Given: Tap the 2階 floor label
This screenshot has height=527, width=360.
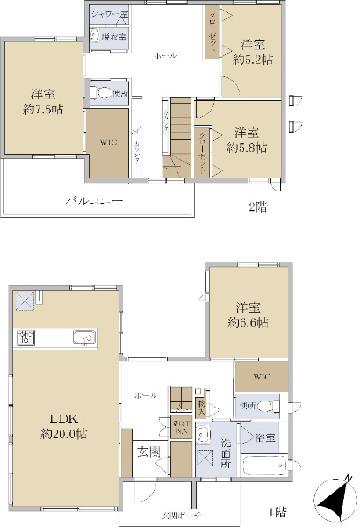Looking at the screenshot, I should point(258,207).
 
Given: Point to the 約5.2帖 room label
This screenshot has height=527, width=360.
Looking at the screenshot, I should point(252,53).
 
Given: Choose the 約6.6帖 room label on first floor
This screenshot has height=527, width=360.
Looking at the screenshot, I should point(249,314).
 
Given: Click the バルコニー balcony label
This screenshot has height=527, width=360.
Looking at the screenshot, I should point(94,201).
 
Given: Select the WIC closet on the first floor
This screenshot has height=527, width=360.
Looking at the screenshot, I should point(261,376).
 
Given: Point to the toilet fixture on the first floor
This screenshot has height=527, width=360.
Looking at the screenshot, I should point(268,407).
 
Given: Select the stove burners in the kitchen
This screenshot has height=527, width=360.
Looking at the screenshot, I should point(25,337).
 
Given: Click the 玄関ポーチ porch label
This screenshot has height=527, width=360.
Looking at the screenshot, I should point(179,514).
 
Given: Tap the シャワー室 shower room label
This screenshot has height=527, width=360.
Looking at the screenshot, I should point(109,16).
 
